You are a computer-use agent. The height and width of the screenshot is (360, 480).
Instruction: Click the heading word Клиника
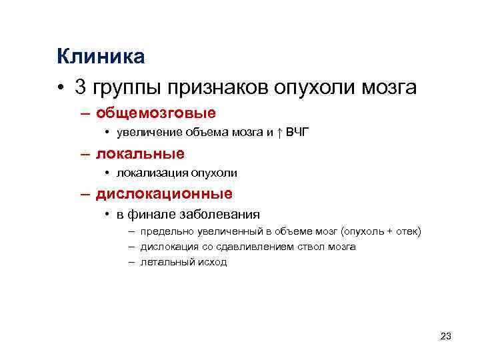pos(101,57)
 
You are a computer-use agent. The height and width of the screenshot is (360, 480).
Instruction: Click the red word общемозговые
pos(155,113)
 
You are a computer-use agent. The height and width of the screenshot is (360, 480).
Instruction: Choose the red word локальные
pos(140,153)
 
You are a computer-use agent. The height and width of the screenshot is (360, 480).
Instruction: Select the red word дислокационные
pos(164,194)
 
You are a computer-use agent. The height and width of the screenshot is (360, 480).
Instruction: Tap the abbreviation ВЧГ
pos(297,133)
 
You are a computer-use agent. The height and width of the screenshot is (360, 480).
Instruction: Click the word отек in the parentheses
pos(407,231)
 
